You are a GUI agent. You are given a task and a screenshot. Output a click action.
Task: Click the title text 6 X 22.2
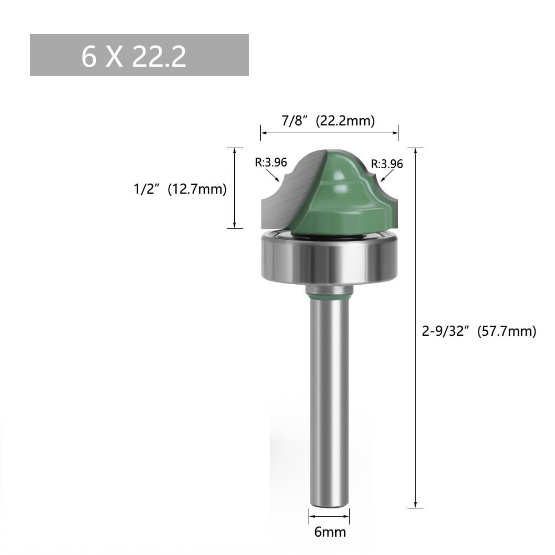point(134,56)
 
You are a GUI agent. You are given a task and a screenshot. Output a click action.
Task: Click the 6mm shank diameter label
point(330,532)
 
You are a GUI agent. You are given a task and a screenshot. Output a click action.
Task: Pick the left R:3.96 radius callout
point(270,163)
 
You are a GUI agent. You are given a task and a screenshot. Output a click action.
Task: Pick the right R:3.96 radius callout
point(387,164)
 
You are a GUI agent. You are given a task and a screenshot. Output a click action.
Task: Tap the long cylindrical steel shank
point(329,400)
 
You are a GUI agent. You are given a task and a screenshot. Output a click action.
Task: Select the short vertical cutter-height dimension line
point(235,188)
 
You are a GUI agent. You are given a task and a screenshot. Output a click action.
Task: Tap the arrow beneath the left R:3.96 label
point(274,176)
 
